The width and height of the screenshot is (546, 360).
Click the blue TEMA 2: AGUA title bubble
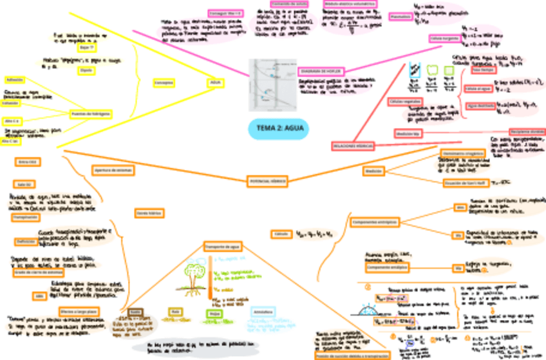278,129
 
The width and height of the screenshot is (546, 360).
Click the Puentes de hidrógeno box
91,113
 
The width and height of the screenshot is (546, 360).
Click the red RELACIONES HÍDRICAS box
353,146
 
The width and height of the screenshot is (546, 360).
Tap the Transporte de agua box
223,247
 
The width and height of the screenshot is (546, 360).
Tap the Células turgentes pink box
444,39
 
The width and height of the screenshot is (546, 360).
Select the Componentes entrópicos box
375,222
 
